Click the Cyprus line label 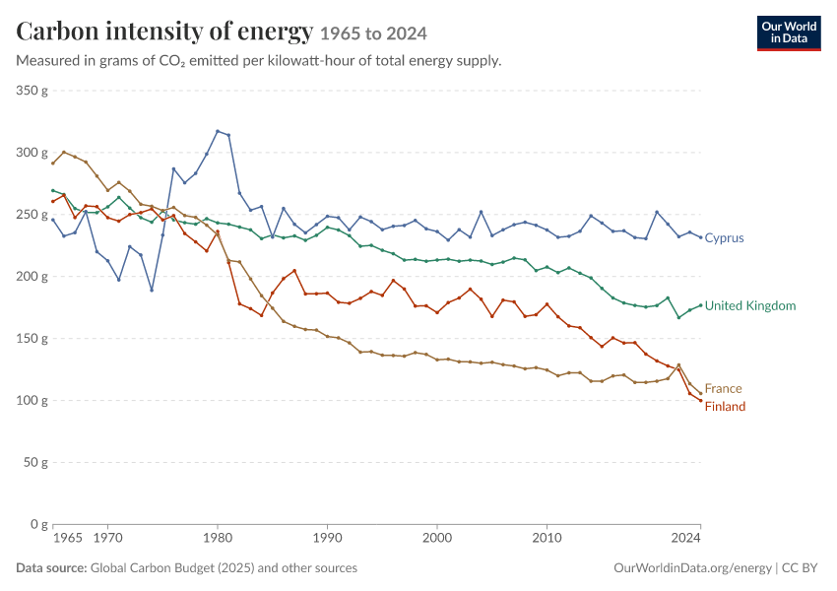click(x=724, y=238)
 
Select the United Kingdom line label click(x=750, y=306)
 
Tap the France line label click(x=724, y=389)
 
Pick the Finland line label click(x=725, y=407)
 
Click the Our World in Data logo click(x=789, y=33)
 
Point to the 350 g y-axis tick click(x=32, y=91)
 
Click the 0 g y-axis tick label click(x=39, y=524)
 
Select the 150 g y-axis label click(x=32, y=339)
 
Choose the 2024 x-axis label click(x=686, y=538)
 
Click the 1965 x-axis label click(x=68, y=538)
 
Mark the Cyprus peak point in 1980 click(x=218, y=131)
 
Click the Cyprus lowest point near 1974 click(x=152, y=290)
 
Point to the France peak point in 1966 click(x=64, y=152)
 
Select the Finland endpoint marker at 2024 click(x=700, y=401)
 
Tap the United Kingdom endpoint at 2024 click(x=700, y=305)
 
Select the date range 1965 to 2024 click(x=373, y=33)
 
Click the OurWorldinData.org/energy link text click(x=692, y=568)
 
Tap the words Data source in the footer click(x=51, y=568)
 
